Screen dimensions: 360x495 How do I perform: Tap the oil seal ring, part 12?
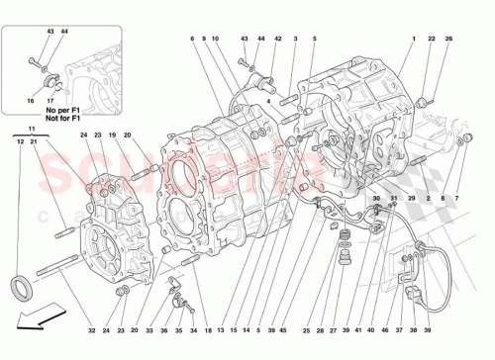coord(21,288)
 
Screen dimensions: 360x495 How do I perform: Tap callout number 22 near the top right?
coord(432,38)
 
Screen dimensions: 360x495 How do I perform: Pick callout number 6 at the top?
coord(191,38)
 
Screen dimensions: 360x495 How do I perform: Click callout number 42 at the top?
coord(277,38)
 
